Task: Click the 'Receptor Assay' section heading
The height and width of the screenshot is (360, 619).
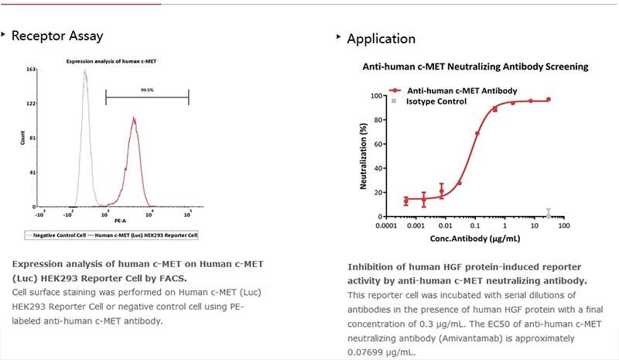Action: coord(57,36)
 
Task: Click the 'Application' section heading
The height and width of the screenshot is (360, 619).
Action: coord(381,39)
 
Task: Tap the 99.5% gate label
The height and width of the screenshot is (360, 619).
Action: coord(145,90)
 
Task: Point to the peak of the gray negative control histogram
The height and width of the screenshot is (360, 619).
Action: coord(85,71)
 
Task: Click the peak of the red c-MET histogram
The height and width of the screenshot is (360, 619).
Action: coord(134,118)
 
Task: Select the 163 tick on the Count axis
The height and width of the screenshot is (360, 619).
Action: coord(32,70)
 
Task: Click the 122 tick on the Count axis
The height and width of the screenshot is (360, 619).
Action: coord(32,103)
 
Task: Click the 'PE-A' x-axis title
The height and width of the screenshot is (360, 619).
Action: coord(118,221)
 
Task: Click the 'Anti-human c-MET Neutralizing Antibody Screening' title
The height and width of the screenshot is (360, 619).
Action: coord(476,67)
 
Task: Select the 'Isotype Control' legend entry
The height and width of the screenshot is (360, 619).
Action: coord(436,101)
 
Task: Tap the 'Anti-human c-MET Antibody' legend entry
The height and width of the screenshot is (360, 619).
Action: coord(451,91)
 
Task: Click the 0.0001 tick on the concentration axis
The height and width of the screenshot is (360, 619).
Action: coord(388,227)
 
